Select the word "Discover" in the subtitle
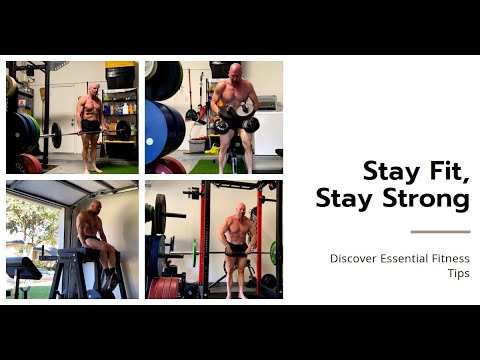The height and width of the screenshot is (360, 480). point(353,258)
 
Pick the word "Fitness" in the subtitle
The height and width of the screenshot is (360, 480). point(450,258)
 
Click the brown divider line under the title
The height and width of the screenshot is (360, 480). point(439,232)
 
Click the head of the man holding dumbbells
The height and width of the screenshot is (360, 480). point(233,72)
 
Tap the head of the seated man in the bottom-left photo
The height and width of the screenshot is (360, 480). point(95,207)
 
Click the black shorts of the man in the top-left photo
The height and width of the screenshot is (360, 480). point(91,127)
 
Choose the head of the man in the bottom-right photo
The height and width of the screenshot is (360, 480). point(241,211)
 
